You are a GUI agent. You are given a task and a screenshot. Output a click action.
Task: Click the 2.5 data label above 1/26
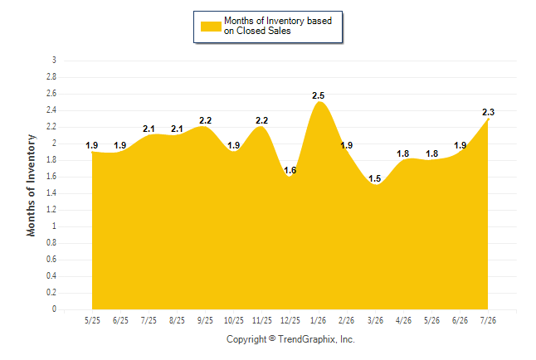(x=318, y=95)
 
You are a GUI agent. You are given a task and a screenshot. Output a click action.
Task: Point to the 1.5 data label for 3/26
(x=375, y=178)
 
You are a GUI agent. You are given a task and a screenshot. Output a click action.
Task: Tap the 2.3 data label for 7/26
(x=488, y=112)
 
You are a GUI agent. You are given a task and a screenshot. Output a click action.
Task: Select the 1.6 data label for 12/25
(x=290, y=170)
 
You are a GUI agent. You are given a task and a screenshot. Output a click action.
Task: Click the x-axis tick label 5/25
(x=92, y=320)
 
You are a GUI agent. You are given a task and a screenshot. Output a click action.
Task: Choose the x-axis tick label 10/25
(x=234, y=320)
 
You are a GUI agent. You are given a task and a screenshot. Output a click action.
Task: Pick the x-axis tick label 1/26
(x=319, y=320)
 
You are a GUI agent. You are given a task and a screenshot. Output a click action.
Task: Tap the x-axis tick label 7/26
(x=488, y=320)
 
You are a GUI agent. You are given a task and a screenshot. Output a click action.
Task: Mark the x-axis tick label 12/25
(x=290, y=320)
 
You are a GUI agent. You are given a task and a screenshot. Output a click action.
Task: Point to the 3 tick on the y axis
(x=54, y=61)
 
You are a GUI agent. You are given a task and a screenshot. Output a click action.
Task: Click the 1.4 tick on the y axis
(x=51, y=193)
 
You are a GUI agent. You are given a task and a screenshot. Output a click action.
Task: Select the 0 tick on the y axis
(x=54, y=309)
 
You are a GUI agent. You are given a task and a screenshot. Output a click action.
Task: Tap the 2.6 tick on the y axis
(x=51, y=94)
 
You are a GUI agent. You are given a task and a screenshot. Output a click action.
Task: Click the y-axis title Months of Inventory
(x=31, y=185)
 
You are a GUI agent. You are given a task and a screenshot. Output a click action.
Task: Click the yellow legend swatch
(x=211, y=27)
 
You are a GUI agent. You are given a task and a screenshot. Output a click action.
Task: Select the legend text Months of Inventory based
(x=278, y=21)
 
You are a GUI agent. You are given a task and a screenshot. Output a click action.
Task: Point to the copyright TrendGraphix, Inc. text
(x=290, y=339)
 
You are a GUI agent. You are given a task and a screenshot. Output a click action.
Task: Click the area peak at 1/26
(x=319, y=101)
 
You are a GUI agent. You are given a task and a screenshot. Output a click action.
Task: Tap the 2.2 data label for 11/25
(x=262, y=120)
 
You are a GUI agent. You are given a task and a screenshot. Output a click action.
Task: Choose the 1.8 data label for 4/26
(x=403, y=153)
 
